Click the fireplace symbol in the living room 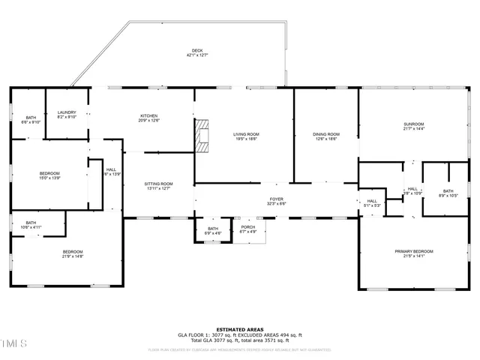[x=200, y=137]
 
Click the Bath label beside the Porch [x=212, y=230]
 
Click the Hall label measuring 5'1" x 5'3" [x=371, y=202]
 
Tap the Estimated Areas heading [x=239, y=329]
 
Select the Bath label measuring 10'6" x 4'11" [x=31, y=224]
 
